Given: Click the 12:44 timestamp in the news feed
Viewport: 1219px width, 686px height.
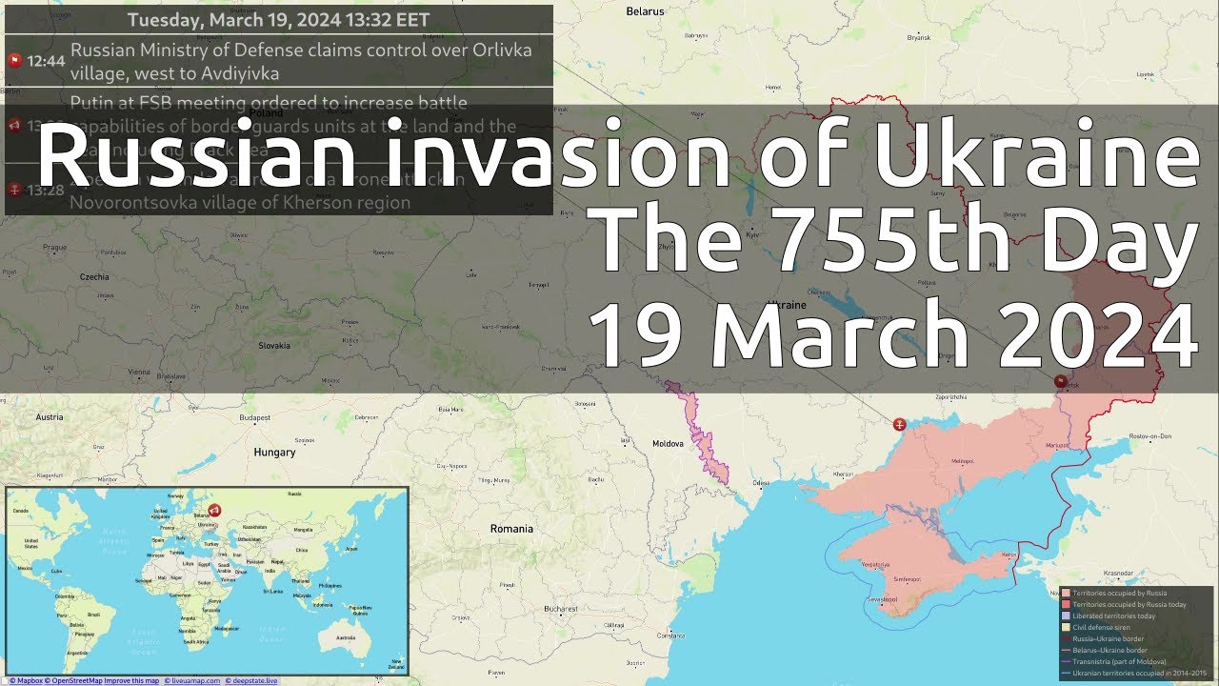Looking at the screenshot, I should [46, 61].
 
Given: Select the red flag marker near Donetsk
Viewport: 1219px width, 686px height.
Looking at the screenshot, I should [1061, 380].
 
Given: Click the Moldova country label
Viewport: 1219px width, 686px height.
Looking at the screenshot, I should [668, 444].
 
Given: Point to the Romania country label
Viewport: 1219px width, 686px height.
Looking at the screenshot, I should [511, 529].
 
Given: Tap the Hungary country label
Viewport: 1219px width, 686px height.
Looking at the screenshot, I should [274, 453].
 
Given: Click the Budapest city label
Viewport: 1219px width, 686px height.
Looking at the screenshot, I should [255, 417].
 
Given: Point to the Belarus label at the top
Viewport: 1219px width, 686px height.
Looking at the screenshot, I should [645, 11].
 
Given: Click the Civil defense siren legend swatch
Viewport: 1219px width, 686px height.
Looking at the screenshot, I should [1068, 627].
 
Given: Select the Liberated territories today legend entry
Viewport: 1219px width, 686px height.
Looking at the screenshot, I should [1113, 615].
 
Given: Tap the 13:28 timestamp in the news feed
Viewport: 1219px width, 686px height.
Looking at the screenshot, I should [46, 191].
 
